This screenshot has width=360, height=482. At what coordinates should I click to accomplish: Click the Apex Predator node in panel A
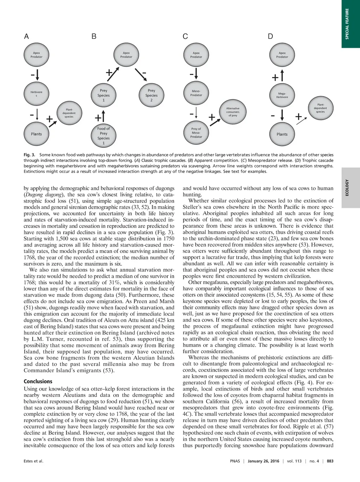coord(36,55)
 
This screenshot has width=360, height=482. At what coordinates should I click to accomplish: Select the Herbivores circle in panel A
coord(36,94)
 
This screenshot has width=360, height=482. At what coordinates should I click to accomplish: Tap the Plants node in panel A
coord(36,134)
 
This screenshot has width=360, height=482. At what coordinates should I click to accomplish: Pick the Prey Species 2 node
coord(151,95)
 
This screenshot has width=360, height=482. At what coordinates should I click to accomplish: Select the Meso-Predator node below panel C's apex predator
coord(196,93)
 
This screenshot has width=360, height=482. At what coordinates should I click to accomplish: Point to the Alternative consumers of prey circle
coord(233,112)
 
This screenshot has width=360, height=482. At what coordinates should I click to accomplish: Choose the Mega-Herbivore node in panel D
coord(282,95)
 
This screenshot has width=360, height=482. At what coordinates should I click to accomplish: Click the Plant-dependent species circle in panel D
coord(320,108)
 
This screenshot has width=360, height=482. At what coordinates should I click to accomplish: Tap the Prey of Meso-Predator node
coord(196,133)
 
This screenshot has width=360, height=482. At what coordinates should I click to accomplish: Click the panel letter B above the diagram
coord(94,36)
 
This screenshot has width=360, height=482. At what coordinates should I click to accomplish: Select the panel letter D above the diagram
coord(270,36)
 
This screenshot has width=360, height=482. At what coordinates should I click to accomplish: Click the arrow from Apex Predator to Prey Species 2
coord(141,74)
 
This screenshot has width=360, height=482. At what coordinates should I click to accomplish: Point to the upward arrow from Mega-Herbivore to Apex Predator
coord(282,75)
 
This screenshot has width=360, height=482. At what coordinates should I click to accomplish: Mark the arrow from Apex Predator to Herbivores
coord(37,75)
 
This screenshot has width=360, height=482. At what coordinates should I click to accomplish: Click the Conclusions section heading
coord(38,381)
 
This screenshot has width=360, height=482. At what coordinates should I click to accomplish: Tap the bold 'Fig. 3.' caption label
coord(30,155)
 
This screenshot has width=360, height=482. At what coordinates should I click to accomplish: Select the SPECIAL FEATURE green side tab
coord(351,24)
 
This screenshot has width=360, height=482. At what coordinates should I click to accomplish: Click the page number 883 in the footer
coord(330,461)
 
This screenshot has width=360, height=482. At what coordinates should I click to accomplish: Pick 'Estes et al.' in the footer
coord(33,461)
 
